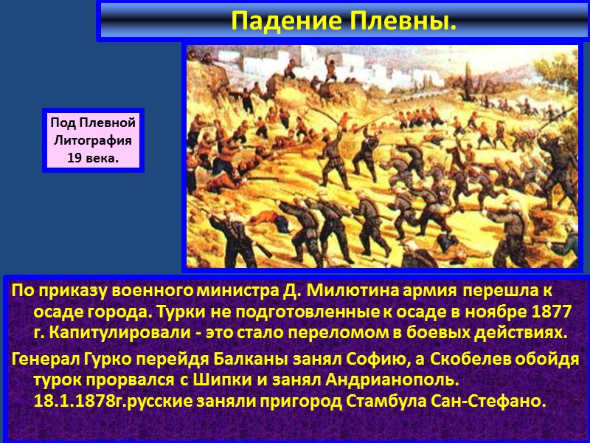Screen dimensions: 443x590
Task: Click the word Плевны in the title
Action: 410,22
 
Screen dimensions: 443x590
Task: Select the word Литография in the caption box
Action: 92,140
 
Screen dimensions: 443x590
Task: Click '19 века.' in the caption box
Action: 92,157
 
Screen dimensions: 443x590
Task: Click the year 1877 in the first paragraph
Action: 555,312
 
